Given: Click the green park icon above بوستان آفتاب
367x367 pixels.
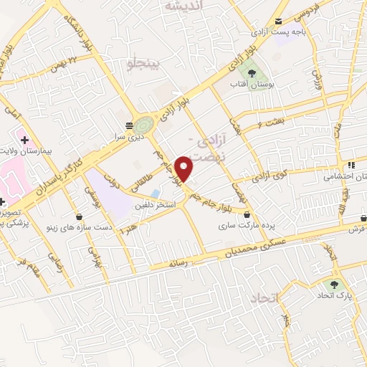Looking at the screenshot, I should (250, 72).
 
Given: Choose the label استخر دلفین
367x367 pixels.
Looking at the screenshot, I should (153, 206).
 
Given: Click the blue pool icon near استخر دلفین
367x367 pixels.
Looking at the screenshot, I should (155, 194).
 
